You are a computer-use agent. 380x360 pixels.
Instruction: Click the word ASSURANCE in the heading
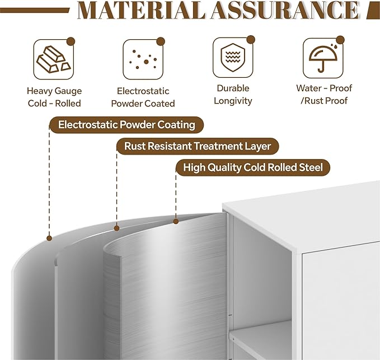285,11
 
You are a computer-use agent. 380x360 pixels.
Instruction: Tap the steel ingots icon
54,59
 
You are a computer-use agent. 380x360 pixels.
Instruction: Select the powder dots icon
143,59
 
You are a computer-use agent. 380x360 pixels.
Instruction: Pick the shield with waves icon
233,58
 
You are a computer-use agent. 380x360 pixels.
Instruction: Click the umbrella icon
323,58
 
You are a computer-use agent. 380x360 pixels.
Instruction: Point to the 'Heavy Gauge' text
54,91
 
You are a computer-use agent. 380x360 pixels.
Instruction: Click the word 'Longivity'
233,101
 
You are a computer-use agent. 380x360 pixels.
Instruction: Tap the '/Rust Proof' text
324,101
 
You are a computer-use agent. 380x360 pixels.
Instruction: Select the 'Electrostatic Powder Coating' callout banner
126,125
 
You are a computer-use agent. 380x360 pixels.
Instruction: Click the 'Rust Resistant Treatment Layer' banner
198,146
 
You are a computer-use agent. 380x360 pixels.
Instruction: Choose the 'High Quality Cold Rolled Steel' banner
253,167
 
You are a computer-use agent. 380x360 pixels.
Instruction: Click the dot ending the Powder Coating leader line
49,239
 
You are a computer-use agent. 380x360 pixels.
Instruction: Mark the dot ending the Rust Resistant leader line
116,228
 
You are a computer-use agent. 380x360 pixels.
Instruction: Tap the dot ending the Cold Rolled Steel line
176,221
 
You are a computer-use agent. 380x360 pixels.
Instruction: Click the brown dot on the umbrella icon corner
340,40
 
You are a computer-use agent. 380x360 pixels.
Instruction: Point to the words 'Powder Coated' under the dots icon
143,104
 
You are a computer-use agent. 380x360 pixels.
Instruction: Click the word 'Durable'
233,88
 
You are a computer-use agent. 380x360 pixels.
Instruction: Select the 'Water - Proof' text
324,88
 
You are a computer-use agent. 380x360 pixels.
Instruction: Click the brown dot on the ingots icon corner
71,41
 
